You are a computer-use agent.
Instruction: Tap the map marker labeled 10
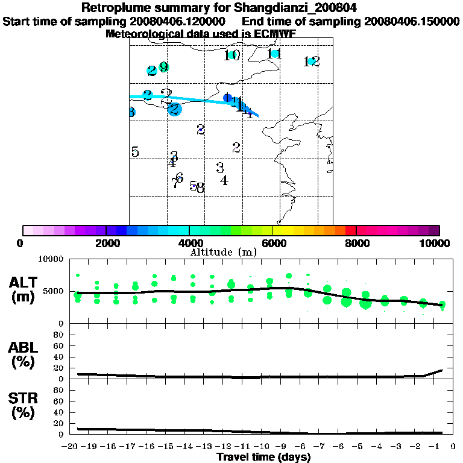pos(232,55)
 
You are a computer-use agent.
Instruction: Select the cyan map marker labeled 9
pos(163,67)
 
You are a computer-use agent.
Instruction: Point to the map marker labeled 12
pos(312,61)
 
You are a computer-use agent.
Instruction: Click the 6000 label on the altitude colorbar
pos(272,244)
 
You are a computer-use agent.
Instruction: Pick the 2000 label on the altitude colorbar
pos(106,244)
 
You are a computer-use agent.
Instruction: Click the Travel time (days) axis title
pos(263,457)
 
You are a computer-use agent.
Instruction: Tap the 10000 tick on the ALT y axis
pos(51,259)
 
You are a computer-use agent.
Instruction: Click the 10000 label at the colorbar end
pos(437,244)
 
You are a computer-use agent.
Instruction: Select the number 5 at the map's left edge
pos(135,152)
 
